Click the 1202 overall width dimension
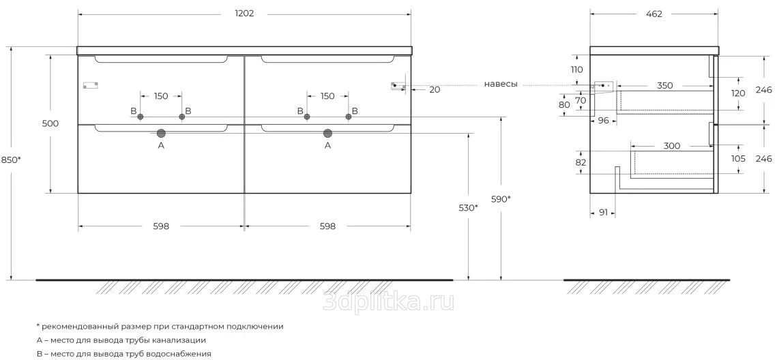[244, 14]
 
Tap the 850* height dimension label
[11, 160]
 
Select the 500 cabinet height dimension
[50, 123]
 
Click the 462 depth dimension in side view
[654, 14]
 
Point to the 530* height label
[469, 207]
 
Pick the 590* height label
[501, 199]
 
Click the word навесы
[501, 85]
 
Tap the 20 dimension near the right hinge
[435, 89]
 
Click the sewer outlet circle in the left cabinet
[160, 133]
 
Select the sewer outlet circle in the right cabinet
[327, 133]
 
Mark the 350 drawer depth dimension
[665, 85]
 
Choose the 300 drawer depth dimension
[671, 146]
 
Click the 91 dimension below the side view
[603, 213]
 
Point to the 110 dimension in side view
[576, 70]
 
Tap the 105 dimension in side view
[738, 159]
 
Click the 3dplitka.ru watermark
[388, 301]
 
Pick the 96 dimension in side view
[603, 120]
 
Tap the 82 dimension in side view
[581, 162]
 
